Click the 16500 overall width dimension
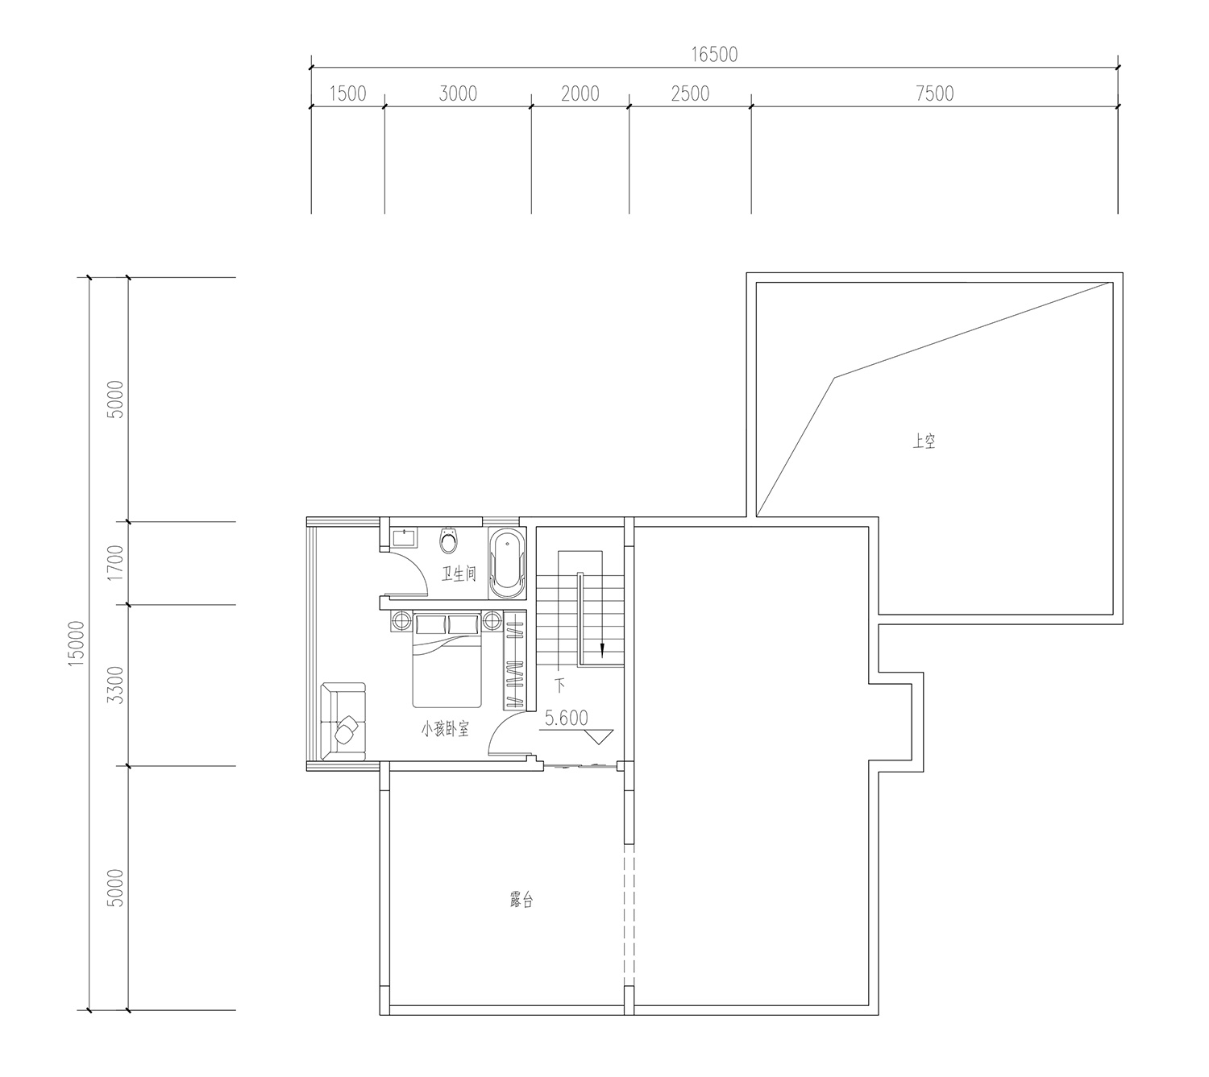[713, 55]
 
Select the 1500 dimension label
[347, 93]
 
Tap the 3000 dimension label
[458, 93]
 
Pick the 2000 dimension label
[580, 93]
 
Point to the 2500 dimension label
[690, 93]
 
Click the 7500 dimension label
[934, 93]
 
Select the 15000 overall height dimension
[77, 644]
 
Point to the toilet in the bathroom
[448, 541]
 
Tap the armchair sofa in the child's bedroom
[343, 722]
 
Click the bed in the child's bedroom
[447, 660]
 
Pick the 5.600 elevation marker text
[566, 718]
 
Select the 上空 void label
[923, 441]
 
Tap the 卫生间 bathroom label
[459, 574]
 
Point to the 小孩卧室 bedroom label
[445, 729]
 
